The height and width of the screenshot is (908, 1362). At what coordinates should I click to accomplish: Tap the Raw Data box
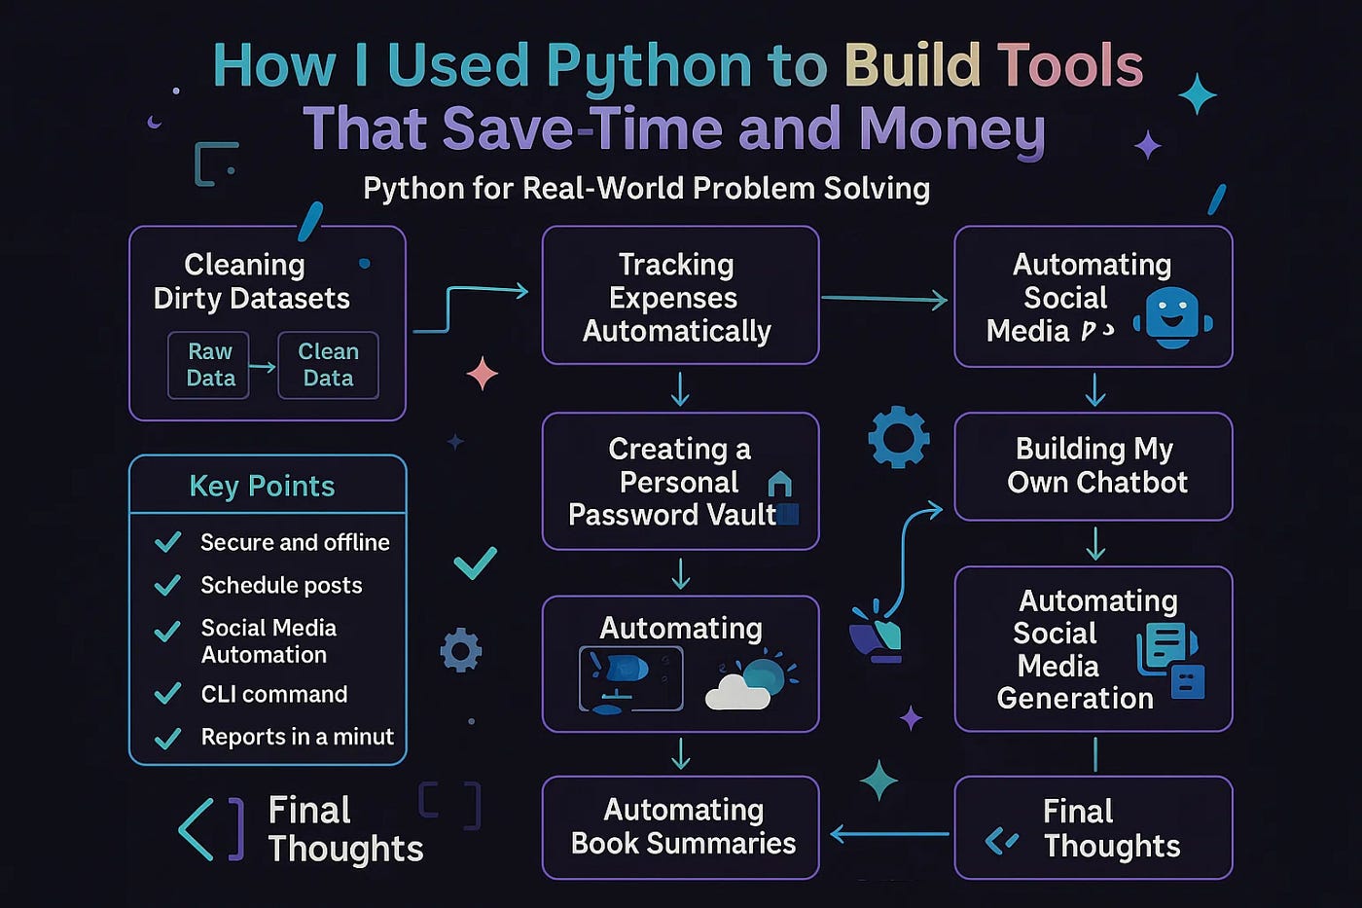click(209, 365)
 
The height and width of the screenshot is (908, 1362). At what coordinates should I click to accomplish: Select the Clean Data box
click(328, 365)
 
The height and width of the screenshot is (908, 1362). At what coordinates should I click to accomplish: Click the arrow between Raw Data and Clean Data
click(263, 367)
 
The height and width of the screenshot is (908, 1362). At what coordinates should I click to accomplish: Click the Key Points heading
click(262, 486)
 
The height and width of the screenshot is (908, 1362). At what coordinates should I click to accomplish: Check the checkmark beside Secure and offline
click(168, 542)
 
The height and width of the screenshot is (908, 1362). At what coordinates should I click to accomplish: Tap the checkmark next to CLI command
click(168, 694)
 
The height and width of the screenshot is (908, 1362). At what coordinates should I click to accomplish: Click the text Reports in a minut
click(297, 737)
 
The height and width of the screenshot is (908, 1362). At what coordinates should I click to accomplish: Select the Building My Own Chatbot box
click(1093, 466)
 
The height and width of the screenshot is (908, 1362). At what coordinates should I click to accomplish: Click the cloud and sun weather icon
click(749, 681)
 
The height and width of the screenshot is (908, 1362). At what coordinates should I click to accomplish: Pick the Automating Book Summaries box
click(680, 827)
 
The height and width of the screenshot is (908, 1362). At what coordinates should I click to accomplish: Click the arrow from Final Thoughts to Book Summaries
click(889, 834)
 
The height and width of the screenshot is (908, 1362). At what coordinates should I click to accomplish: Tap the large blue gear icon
click(898, 438)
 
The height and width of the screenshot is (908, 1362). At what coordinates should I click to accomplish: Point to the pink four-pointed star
click(483, 374)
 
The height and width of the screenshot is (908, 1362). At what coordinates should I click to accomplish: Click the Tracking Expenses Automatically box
click(680, 296)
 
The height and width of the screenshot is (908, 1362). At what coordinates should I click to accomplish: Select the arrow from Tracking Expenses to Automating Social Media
click(884, 300)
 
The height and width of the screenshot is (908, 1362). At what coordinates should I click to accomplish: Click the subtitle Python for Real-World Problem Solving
click(646, 188)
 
